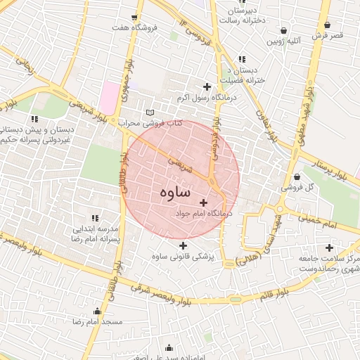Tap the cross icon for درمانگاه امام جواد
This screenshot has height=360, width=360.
tap(204, 202)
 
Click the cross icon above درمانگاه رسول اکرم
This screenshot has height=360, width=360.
tap(206, 86)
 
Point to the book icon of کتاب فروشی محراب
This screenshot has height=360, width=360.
tap(149, 112)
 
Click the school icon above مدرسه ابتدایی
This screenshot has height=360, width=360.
tap(94, 218)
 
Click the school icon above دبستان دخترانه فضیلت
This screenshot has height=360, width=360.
tap(243, 59)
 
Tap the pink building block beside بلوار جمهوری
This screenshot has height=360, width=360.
tap(109, 98)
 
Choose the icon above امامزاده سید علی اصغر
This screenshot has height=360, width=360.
tap(169, 347)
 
